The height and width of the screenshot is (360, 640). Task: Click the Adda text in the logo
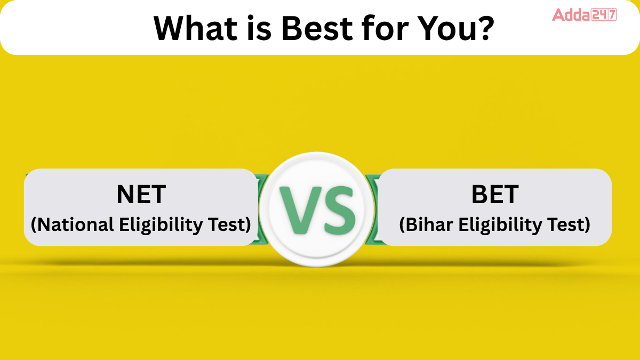(x=571, y=14)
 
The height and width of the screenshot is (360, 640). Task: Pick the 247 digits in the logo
(x=604, y=14)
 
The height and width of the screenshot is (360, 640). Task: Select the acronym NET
(x=141, y=195)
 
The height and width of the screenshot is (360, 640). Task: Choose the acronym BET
(x=495, y=195)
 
